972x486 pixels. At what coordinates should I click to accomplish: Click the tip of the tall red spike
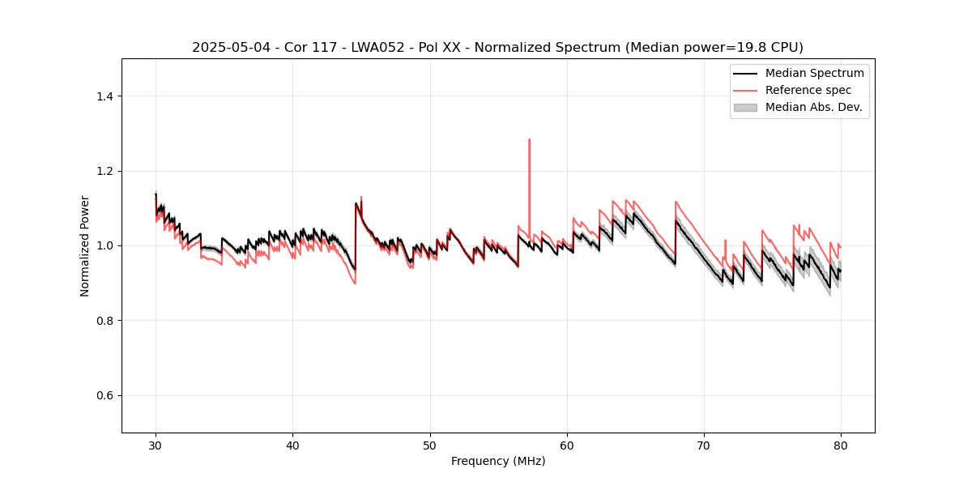(x=529, y=139)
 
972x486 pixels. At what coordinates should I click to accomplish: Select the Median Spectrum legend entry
(x=814, y=73)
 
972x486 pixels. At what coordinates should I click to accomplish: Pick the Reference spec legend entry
(x=808, y=90)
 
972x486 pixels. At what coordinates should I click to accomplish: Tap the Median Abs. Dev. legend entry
(x=813, y=107)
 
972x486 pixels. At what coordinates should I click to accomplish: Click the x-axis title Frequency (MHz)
(x=498, y=461)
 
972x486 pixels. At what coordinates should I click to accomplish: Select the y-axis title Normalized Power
(x=85, y=245)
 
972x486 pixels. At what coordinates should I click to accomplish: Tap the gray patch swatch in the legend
(x=745, y=107)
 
